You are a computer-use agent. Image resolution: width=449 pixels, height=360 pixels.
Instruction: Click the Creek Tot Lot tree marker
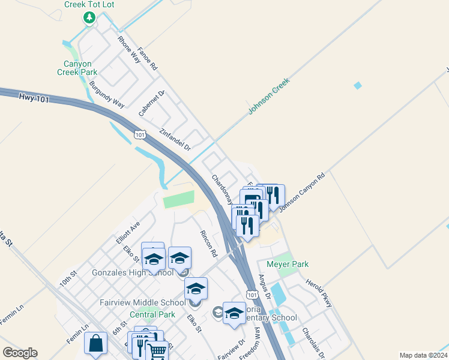[x=89, y=17]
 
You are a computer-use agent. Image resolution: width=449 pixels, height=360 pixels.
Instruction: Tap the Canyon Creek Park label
[x=74, y=68]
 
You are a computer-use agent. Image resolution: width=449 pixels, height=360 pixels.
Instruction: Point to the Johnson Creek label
[x=270, y=95]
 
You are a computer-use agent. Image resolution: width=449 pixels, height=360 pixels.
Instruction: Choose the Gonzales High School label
[x=132, y=272]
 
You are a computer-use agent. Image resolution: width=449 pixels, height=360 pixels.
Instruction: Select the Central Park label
[x=152, y=314]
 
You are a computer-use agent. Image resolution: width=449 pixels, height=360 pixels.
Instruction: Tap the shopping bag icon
[x=95, y=344]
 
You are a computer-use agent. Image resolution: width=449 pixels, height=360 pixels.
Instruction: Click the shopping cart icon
[x=157, y=350]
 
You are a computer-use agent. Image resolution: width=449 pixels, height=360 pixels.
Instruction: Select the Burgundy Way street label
[x=106, y=95]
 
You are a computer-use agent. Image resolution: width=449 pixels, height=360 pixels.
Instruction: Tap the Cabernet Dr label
[x=151, y=103]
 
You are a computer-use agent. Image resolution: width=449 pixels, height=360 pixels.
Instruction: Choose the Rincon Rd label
[x=208, y=244]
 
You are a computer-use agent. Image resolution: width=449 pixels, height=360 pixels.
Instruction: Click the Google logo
[x=20, y=353]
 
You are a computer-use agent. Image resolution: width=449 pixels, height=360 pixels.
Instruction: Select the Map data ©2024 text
[x=423, y=355]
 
